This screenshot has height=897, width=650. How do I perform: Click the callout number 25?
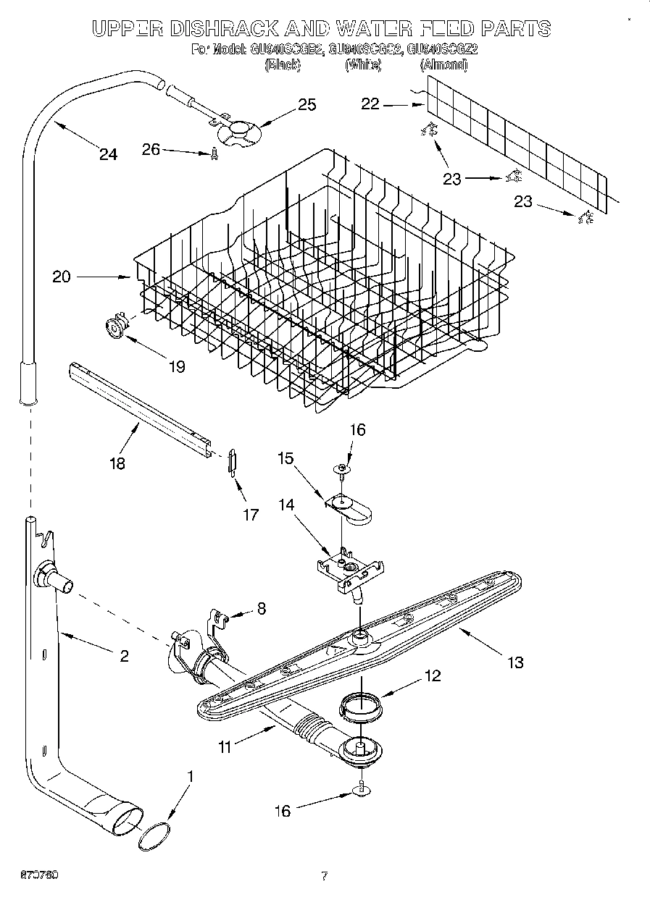[x=307, y=105]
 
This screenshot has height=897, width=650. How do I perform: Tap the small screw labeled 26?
[x=214, y=154]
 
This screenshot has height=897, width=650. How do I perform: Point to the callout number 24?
[x=108, y=154]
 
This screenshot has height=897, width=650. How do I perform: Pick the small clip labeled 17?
[x=231, y=461]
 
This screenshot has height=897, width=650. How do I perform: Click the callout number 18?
[x=117, y=463]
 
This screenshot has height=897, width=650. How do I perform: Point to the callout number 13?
[x=515, y=662]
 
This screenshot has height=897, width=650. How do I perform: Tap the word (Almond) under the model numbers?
[x=443, y=65]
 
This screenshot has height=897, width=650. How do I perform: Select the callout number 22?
[x=370, y=104]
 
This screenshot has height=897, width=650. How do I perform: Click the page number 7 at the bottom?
[x=324, y=877]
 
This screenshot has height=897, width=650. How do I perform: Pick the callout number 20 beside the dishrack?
[x=62, y=276]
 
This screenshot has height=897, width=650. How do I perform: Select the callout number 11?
[x=225, y=746]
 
